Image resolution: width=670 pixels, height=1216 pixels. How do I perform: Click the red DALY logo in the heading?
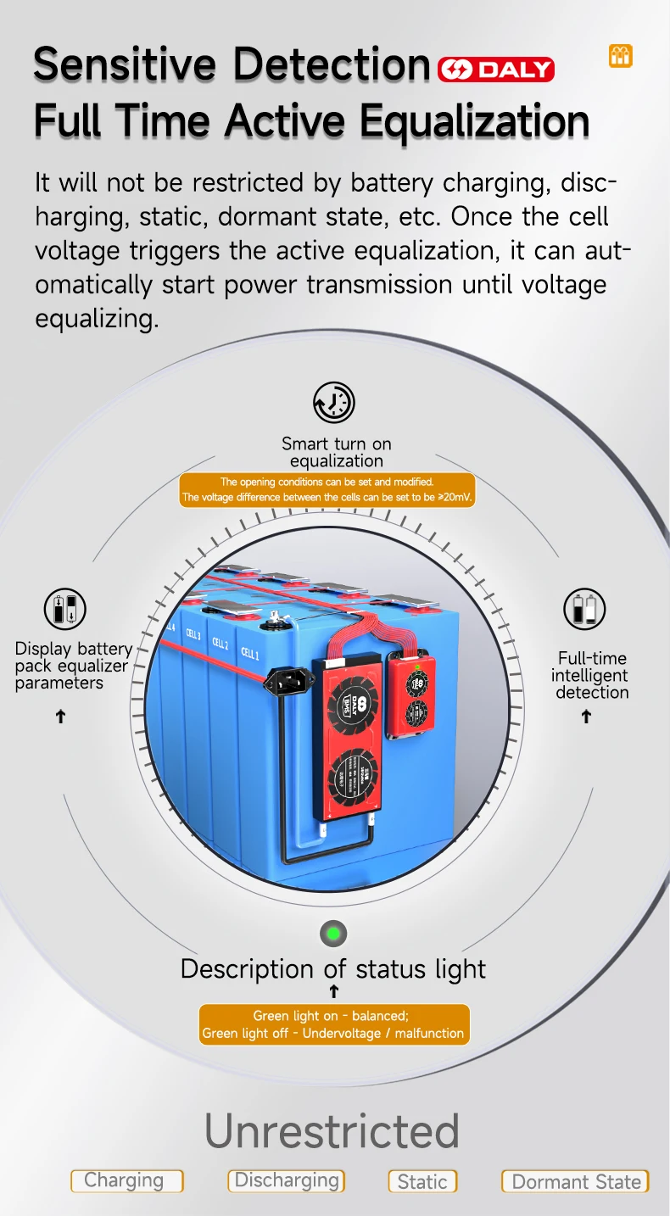point(496,70)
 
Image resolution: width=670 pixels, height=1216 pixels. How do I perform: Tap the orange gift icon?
point(621,57)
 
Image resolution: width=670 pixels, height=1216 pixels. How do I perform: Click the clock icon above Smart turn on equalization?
point(334,402)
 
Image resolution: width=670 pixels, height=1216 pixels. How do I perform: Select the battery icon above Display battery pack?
point(65,609)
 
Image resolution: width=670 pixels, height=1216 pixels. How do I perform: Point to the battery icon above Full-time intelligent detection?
point(585,610)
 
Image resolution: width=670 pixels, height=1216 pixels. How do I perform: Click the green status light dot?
point(333,934)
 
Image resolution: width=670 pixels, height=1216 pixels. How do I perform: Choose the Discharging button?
point(287,1180)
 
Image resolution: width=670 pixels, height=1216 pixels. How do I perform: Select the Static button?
point(422,1181)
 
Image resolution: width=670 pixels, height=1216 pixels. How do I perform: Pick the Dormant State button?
point(575,1181)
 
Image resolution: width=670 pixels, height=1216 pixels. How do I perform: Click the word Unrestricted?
point(332,1130)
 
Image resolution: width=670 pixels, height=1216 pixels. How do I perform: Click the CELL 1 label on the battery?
point(250,653)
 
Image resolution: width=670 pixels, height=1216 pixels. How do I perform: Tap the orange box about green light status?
point(333,1024)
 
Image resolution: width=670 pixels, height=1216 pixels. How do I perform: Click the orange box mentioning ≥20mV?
point(327,489)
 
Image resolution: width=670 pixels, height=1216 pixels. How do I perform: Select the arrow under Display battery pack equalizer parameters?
point(60,717)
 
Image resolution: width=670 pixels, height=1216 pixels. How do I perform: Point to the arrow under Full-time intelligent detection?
point(586,717)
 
